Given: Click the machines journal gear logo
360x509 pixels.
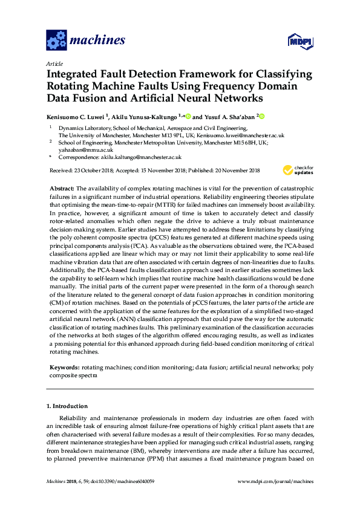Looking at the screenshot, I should (x=56, y=41).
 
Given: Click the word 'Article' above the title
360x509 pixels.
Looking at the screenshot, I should (x=54, y=63).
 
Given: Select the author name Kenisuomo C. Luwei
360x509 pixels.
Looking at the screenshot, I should (x=75, y=116).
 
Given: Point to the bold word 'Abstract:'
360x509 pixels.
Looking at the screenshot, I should (x=62, y=189).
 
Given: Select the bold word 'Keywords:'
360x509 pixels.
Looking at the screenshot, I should (x=64, y=367).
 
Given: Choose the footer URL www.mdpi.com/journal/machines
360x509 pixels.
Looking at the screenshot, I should (x=276, y=481).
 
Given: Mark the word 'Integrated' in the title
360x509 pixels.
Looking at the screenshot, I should (x=79, y=75).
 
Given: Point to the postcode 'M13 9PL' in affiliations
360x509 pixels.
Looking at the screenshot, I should (x=170, y=136).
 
